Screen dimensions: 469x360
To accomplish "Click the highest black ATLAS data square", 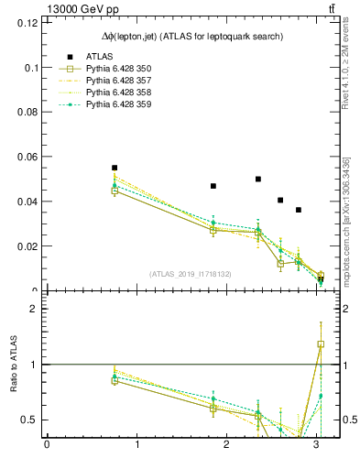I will (115, 169).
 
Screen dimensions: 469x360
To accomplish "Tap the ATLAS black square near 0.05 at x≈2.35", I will (258, 180).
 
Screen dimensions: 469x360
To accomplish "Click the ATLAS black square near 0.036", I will (299, 210).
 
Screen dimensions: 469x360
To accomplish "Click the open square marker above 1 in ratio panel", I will (321, 344).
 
